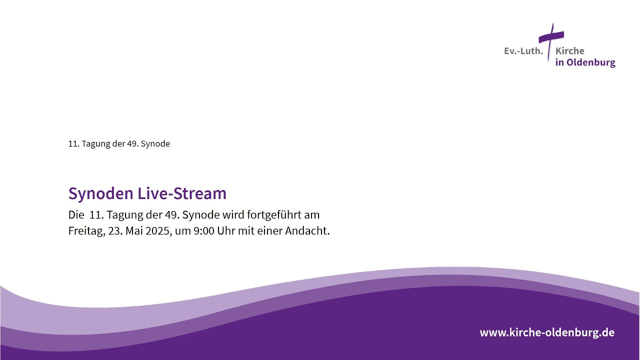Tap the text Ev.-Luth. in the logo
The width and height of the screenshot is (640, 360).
(x=523, y=51)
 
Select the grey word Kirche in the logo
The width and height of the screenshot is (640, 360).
(x=569, y=51)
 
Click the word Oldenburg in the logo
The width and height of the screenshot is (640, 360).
(x=591, y=62)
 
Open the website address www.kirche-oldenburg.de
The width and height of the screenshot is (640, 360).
(x=547, y=332)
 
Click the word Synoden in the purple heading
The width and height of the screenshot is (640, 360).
(x=101, y=194)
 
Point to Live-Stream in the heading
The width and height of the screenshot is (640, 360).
(x=182, y=193)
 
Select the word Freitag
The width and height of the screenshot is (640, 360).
(x=87, y=231)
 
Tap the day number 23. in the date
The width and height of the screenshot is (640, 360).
(x=115, y=231)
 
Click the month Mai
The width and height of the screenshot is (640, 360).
(x=134, y=231)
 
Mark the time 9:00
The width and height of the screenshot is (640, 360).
(x=204, y=231)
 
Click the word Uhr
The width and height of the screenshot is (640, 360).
(x=226, y=231)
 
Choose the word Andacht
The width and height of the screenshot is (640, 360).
(x=307, y=231)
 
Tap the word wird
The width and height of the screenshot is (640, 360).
(x=233, y=214)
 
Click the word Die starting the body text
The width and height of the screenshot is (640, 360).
(x=76, y=215)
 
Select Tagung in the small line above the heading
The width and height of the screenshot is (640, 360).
(x=95, y=144)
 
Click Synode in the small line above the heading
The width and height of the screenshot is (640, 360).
(x=155, y=144)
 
